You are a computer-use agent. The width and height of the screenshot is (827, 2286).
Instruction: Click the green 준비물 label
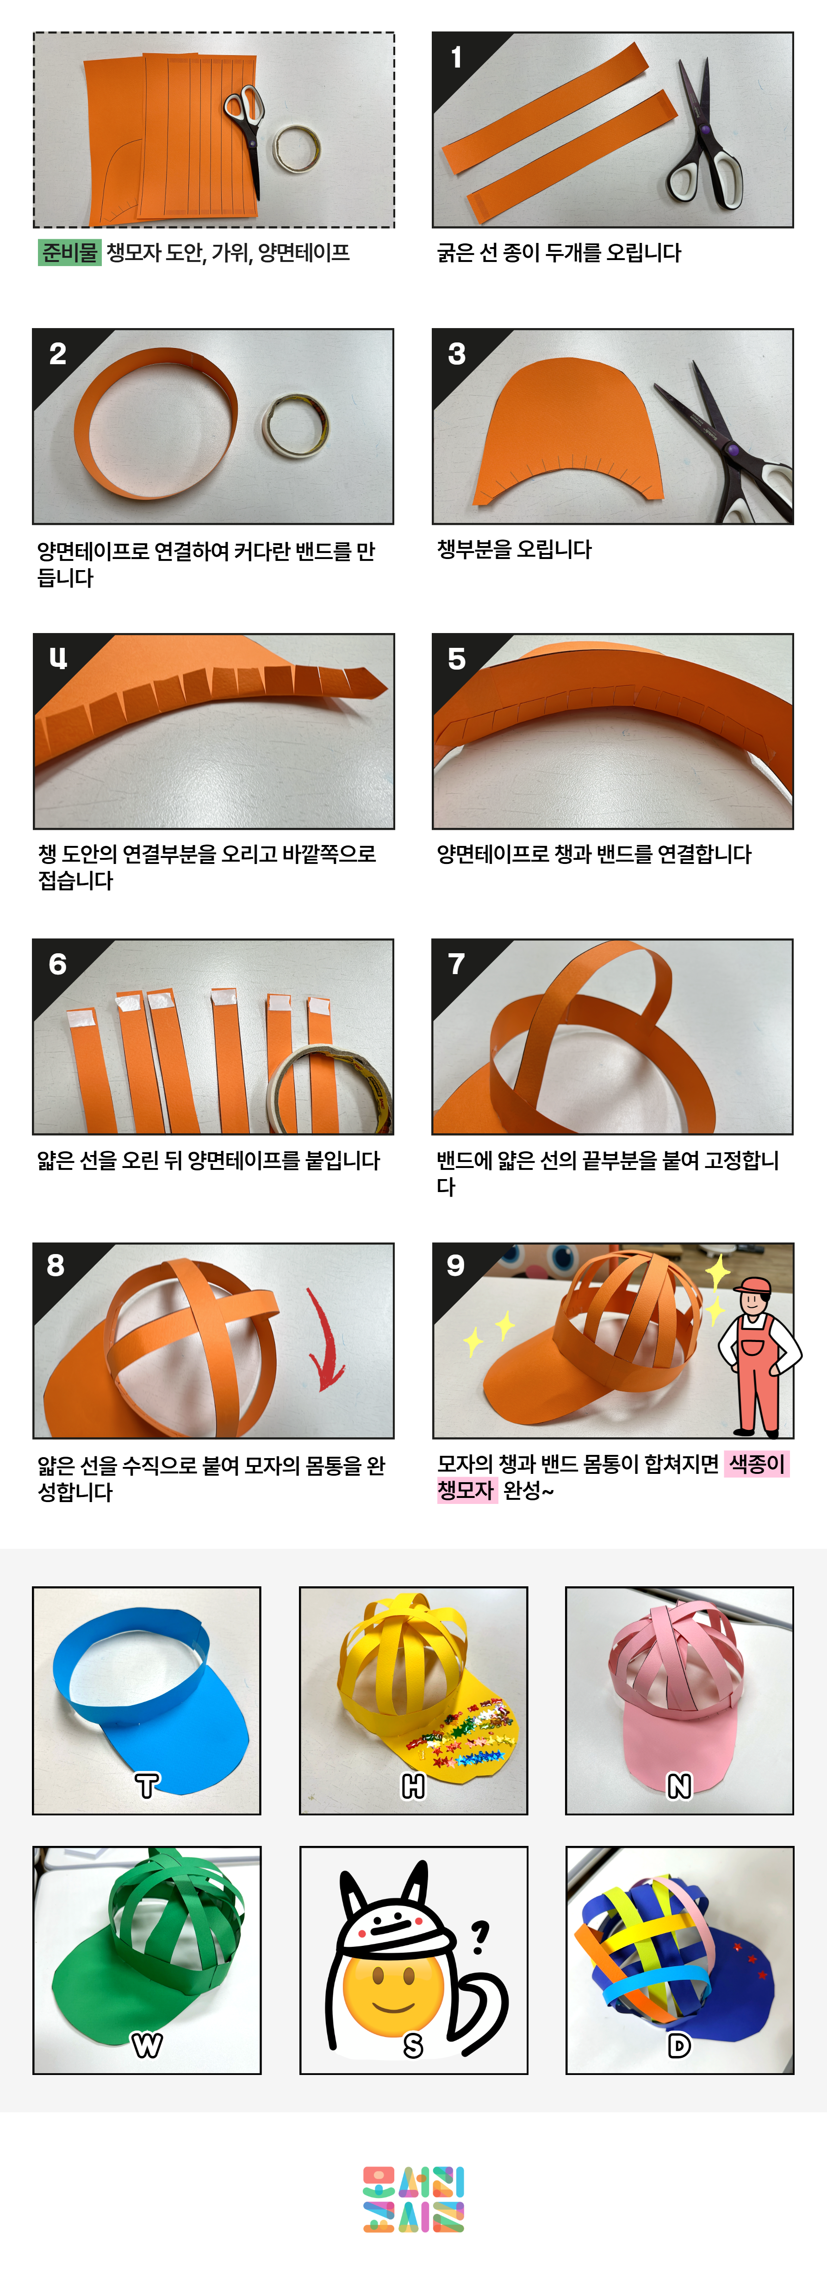(69, 253)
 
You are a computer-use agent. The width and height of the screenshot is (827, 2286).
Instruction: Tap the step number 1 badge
(456, 58)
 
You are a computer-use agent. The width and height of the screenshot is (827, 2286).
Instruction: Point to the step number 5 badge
(457, 658)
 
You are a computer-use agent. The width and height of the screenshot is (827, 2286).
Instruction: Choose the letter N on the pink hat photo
(679, 1785)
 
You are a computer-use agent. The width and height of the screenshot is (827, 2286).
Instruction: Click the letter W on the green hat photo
(146, 2045)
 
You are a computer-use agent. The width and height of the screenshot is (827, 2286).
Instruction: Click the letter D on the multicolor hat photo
(679, 2045)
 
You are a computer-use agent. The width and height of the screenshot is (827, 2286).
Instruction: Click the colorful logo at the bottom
(414, 2199)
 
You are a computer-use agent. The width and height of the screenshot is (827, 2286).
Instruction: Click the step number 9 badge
(456, 1265)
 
